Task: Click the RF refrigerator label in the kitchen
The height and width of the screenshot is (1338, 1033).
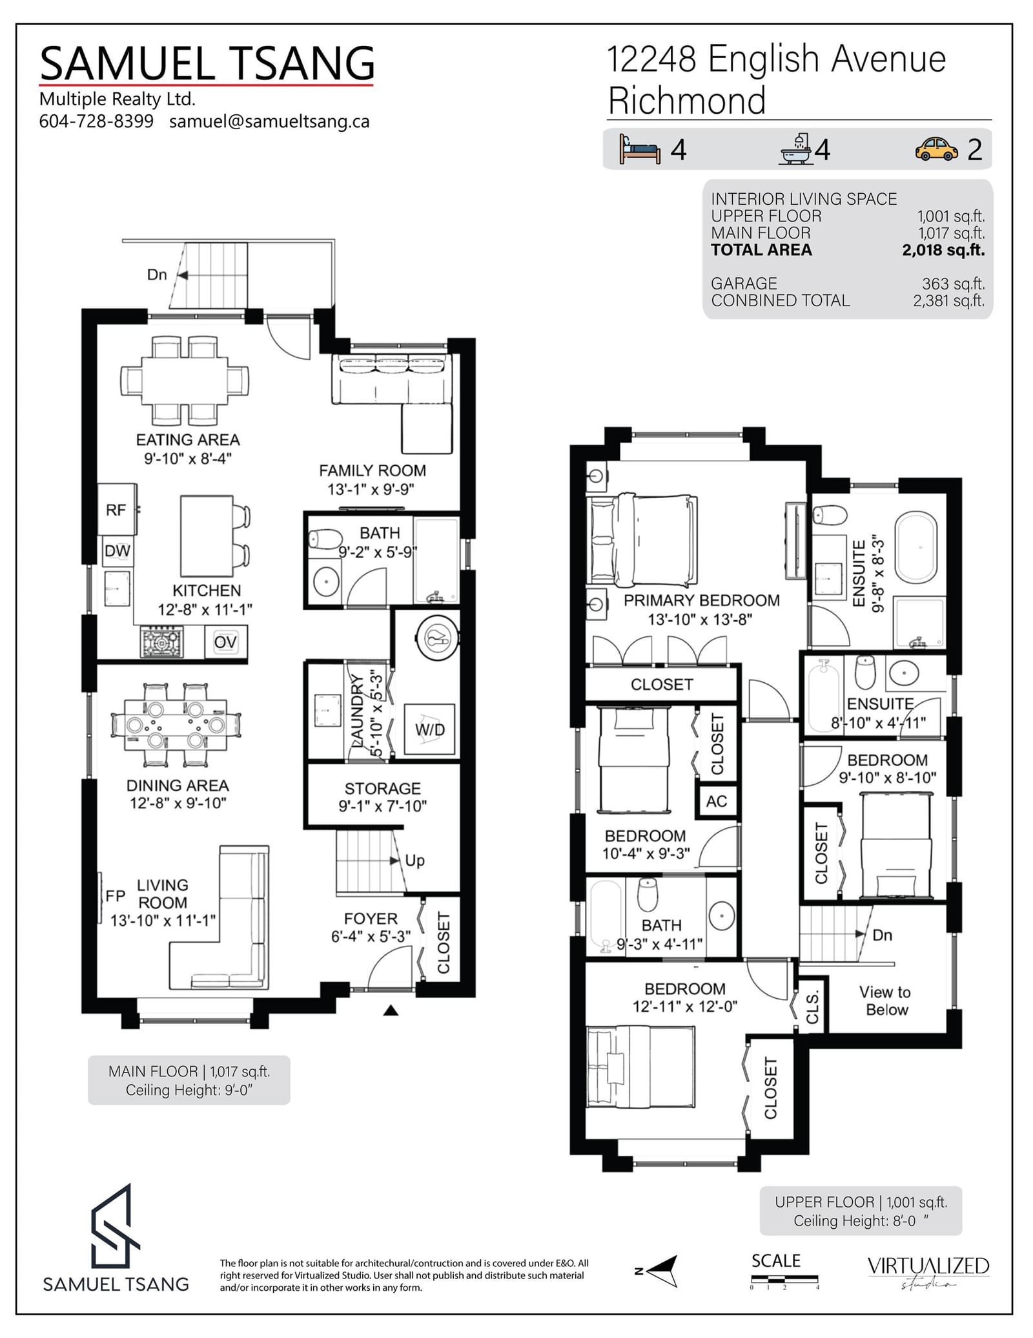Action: tap(116, 510)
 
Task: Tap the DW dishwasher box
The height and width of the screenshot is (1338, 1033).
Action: tap(118, 551)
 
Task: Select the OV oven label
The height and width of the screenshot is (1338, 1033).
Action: tap(225, 642)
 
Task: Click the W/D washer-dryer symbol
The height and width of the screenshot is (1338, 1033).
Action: tap(429, 730)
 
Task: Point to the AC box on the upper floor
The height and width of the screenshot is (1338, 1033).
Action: tap(717, 802)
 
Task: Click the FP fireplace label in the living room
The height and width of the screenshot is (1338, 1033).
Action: tap(115, 896)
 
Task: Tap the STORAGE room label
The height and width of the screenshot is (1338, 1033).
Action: tap(382, 789)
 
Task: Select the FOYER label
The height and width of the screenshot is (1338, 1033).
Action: tap(371, 919)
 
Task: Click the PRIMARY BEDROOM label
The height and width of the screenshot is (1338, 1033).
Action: tap(701, 601)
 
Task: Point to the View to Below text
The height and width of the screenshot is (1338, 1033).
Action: tap(886, 1001)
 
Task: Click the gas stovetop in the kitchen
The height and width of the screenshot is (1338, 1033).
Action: tap(161, 642)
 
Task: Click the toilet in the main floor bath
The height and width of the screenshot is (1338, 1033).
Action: tap(325, 539)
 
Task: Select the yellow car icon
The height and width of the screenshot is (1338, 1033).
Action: tap(936, 149)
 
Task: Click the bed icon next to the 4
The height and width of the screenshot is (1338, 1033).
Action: tap(639, 149)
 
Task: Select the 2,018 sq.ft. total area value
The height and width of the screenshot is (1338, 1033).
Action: tap(943, 251)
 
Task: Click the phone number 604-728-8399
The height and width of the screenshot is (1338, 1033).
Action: tap(96, 121)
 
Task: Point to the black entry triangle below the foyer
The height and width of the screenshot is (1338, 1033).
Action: tap(391, 1010)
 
